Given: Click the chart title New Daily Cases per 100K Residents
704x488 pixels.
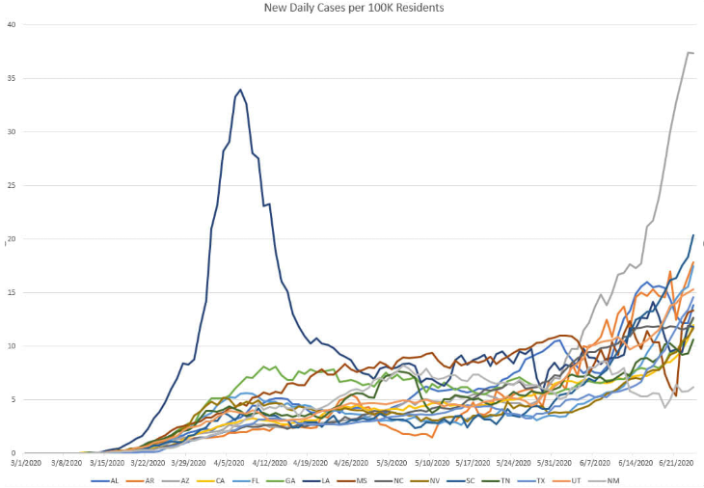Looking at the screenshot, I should [x=353, y=9].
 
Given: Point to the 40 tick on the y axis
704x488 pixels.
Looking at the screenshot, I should [x=12, y=25].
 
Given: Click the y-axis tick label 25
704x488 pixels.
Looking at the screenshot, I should [x=12, y=185].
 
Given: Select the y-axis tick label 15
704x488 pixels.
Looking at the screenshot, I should [x=12, y=292].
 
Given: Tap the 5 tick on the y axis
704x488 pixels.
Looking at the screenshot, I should [x=14, y=399].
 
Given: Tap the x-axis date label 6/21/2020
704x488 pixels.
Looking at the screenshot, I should [x=675, y=463].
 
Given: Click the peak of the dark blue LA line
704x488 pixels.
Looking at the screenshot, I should [x=240, y=90].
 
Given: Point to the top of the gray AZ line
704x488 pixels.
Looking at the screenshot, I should [x=689, y=52].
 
